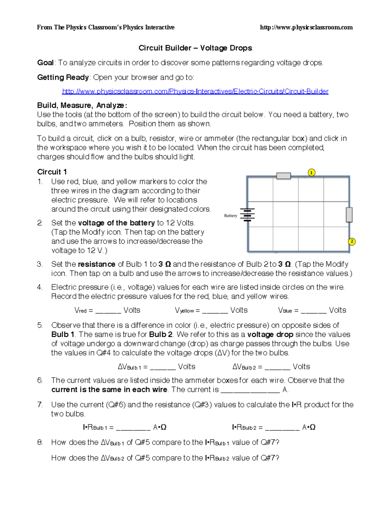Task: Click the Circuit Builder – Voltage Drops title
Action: tap(195, 48)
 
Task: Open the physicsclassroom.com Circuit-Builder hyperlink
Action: tap(195, 91)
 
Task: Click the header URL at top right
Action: tap(306, 27)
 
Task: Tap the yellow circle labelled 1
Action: tap(311, 172)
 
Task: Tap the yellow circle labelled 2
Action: tap(352, 242)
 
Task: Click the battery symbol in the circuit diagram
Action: tap(248, 215)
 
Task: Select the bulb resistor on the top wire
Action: tap(283, 176)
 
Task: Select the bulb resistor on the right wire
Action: tap(349, 215)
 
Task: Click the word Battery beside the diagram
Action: tap(230, 216)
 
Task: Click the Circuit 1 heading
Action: tap(52, 172)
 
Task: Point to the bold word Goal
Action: tap(45, 63)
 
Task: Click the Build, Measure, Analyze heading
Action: tap(82, 105)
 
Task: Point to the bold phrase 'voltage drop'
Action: tap(270, 335)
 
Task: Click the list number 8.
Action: tap(40, 442)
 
